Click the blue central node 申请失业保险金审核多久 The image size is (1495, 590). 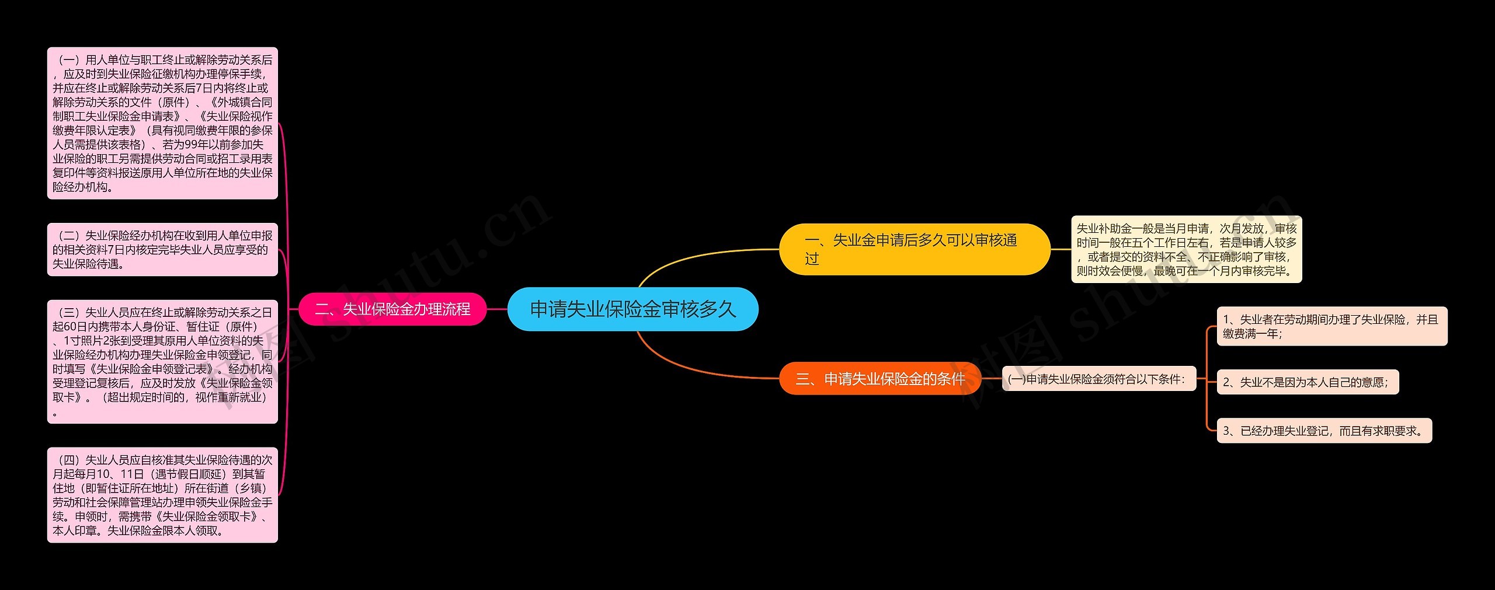pos(632,309)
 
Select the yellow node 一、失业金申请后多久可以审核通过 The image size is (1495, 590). pos(914,249)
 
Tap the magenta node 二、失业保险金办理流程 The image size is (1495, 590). pos(392,309)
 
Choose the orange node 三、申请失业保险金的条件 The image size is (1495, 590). pos(880,379)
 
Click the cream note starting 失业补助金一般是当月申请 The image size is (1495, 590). pos(1186,250)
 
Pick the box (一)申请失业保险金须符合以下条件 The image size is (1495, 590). pos(1098,379)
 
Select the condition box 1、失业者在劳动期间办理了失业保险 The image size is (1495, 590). pos(1331,326)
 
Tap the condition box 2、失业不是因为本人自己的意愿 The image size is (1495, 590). pos(1307,382)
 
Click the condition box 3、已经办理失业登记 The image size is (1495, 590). pos(1324,431)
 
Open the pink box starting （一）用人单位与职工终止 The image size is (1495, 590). pos(162,123)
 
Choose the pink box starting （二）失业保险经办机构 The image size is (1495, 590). pos(162,250)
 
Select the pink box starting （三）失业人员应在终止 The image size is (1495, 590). pos(162,362)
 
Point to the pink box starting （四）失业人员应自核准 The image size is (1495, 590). pos(162,495)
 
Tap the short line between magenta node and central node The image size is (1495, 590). pos(497,309)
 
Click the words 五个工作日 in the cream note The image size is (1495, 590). pos(1162,243)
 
